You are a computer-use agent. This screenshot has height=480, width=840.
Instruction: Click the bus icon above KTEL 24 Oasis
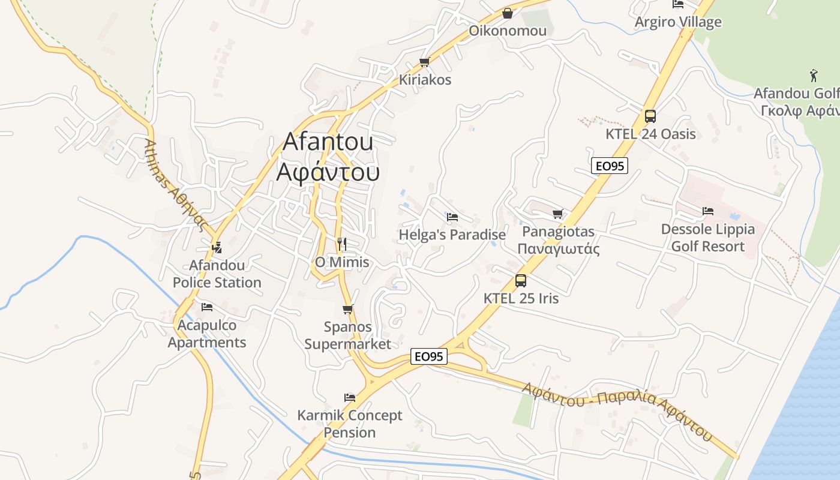(650, 116)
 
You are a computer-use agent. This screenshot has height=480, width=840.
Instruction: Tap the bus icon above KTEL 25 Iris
(520, 280)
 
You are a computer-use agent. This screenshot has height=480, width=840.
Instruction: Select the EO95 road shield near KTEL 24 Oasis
(609, 166)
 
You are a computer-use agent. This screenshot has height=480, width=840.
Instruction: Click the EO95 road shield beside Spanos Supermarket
(430, 356)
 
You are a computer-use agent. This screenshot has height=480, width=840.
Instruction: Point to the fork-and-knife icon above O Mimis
(342, 244)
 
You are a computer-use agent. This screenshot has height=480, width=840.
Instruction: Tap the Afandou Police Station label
(217, 274)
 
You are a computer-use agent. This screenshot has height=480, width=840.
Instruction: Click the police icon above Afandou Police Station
(217, 247)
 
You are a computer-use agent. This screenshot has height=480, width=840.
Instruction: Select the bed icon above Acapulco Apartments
(207, 307)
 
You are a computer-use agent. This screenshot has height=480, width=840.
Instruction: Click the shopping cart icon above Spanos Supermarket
(347, 310)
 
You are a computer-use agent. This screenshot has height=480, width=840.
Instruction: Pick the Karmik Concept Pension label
(350, 424)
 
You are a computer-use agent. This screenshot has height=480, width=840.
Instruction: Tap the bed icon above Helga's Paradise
(452, 217)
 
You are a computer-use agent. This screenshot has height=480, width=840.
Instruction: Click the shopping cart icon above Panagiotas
(558, 214)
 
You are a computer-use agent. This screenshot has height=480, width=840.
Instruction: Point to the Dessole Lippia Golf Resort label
(707, 238)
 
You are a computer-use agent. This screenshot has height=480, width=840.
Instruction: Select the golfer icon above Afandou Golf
(814, 76)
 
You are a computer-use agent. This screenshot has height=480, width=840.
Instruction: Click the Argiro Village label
(678, 22)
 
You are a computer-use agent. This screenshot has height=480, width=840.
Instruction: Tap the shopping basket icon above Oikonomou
(508, 13)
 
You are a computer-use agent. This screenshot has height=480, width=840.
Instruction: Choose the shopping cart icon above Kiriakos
(425, 62)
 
